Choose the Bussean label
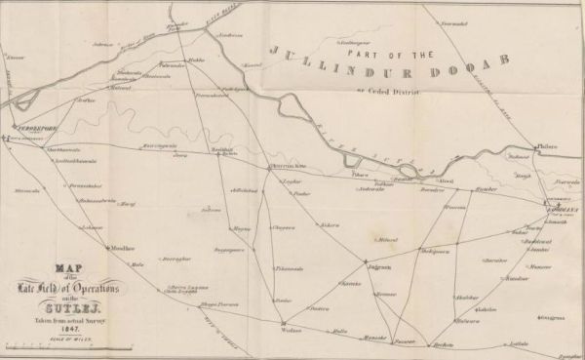pyautogui.click(x=387, y=293)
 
